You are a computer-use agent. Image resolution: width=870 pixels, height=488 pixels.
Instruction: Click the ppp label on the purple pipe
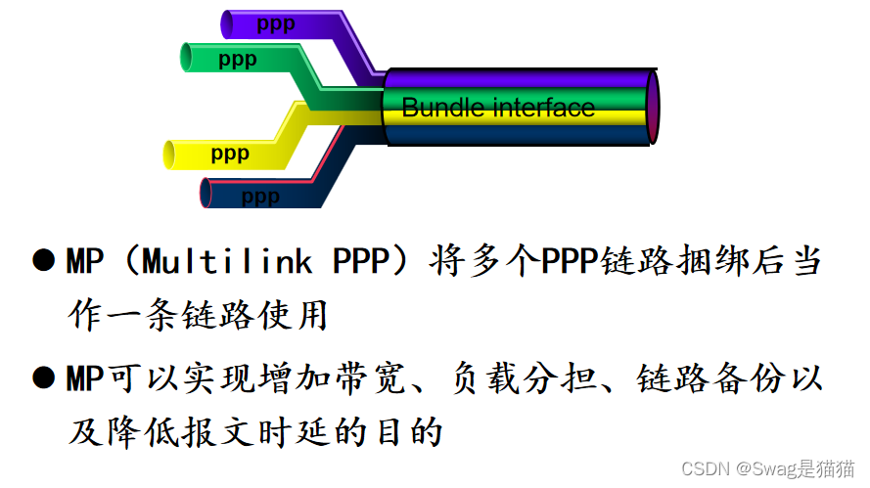click(275, 23)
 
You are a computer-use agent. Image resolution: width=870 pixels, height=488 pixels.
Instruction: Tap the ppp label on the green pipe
click(238, 60)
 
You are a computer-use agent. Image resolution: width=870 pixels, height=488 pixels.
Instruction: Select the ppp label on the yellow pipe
click(230, 154)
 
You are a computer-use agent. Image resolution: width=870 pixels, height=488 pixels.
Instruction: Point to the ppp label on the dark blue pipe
click(259, 197)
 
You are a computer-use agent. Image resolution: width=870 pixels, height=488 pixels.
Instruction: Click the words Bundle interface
click(498, 107)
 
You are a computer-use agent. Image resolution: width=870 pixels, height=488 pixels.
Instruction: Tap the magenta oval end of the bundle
click(653, 107)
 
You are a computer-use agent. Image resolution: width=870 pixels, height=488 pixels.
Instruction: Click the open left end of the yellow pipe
click(169, 154)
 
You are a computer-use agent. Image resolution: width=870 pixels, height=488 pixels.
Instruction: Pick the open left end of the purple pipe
click(227, 22)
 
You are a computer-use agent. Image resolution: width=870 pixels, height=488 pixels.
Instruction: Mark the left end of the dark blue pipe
click(206, 193)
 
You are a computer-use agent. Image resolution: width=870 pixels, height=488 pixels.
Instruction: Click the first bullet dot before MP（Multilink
click(42, 261)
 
